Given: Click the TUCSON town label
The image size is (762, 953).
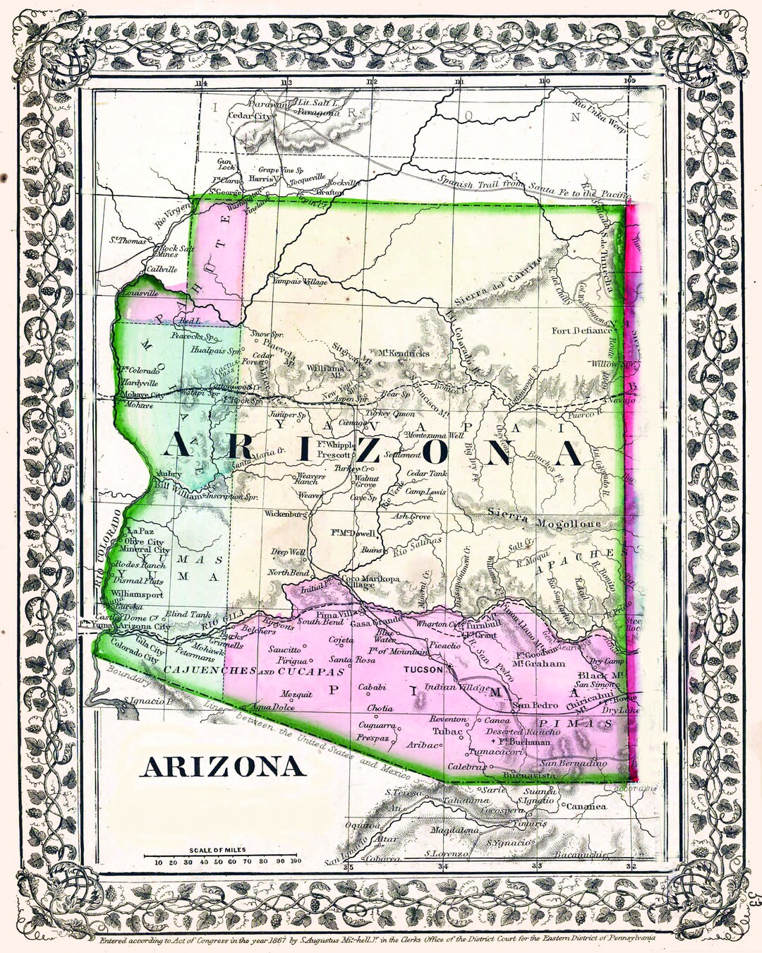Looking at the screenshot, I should click(423, 669).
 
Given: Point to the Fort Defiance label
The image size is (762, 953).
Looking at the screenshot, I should click(581, 330).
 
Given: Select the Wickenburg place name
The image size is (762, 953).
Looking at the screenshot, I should click(286, 514).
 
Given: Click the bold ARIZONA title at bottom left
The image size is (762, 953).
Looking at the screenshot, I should click(223, 767).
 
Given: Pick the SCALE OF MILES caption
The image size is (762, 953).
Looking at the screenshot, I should click(217, 850).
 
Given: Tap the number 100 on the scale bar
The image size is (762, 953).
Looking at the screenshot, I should click(295, 861).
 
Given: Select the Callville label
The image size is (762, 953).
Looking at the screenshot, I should click(162, 270).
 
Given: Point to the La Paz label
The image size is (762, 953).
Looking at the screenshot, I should click(140, 531).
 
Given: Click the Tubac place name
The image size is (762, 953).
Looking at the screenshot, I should click(447, 731).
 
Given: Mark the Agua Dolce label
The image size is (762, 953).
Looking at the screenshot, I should click(272, 707).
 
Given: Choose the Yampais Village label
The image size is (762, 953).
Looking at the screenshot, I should click(300, 282).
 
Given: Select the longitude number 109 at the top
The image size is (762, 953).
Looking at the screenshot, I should click(629, 81).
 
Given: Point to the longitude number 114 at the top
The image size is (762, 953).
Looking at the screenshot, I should click(201, 83).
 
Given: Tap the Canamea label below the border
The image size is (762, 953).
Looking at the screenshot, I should click(586, 806).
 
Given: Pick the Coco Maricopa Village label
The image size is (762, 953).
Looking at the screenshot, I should click(370, 582).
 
